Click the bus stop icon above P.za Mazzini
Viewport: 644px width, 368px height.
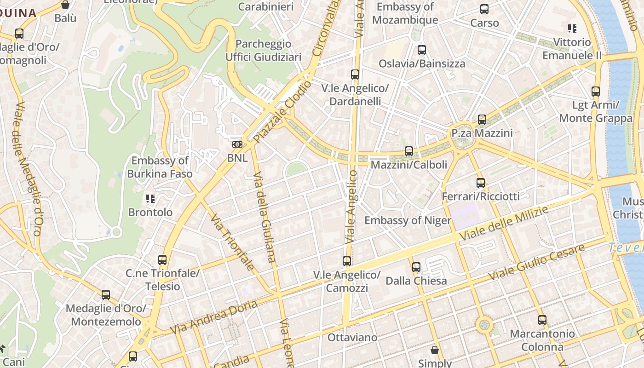(x=482, y=120)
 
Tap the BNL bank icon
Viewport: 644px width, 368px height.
(x=237, y=144)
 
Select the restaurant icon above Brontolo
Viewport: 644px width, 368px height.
(x=150, y=199)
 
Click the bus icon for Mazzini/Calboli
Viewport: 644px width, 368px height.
(x=408, y=151)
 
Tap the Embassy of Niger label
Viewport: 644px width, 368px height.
(x=408, y=220)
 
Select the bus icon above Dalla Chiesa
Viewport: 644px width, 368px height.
(x=416, y=267)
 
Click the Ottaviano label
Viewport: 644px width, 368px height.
(x=352, y=337)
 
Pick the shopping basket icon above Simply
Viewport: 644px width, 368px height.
(x=434, y=350)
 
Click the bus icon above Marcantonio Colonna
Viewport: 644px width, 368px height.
(x=542, y=320)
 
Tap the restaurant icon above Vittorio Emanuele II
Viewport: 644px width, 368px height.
(x=572, y=29)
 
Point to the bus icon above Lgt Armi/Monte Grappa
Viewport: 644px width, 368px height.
(x=596, y=91)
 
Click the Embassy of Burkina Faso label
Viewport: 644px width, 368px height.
(x=160, y=167)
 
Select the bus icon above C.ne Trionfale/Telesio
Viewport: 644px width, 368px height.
(x=162, y=259)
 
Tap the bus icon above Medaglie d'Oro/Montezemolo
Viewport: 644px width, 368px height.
(x=106, y=295)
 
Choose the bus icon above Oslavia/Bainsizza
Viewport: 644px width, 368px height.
(x=421, y=50)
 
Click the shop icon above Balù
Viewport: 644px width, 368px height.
(x=65, y=5)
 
